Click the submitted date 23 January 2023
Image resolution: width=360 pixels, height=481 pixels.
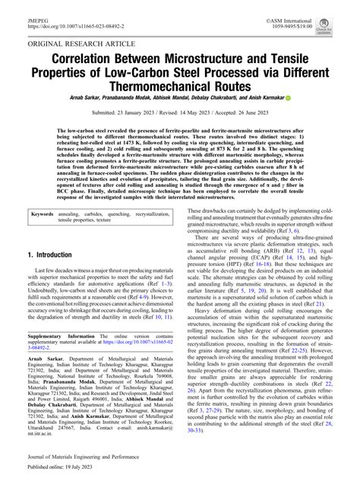click(150, 112)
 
